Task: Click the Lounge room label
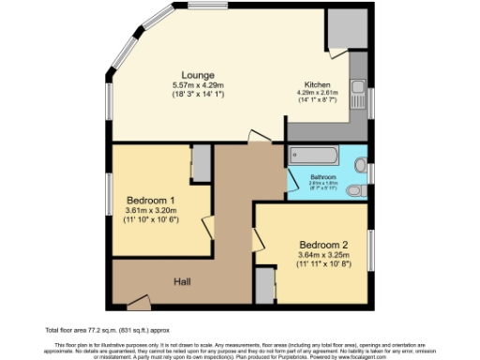198,75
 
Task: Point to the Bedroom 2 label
322,239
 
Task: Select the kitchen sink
359,93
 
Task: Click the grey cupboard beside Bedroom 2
265,286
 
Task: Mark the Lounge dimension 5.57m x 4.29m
198,86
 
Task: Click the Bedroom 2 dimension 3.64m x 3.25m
322,253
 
